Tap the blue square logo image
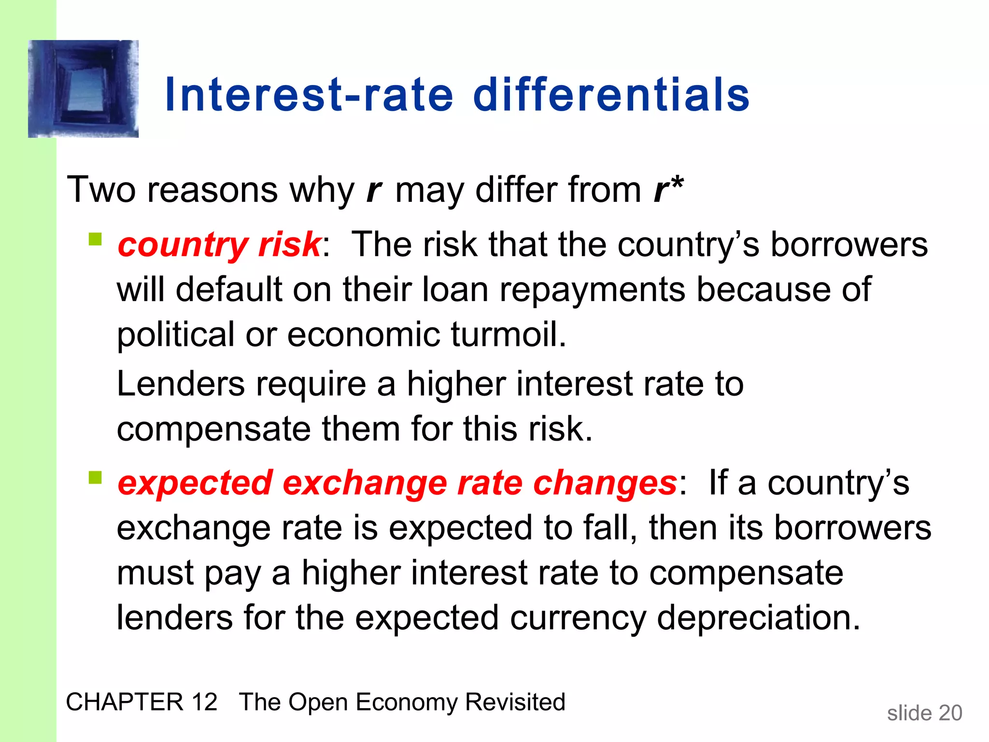coord(84,89)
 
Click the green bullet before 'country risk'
coord(96,240)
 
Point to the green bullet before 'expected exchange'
coord(96,478)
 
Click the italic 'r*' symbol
coord(668,189)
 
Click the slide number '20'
coord(950,713)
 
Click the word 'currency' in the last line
coord(578,619)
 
